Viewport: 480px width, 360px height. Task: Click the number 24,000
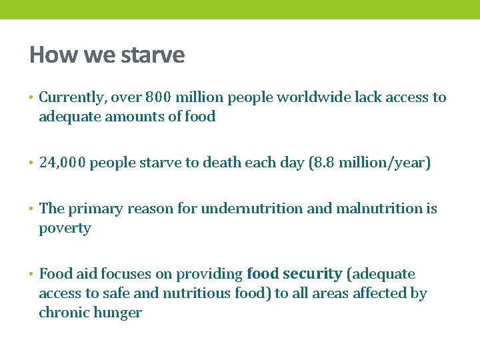[x=62, y=163]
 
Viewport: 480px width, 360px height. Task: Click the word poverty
[x=65, y=228]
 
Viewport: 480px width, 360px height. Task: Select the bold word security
[x=312, y=274]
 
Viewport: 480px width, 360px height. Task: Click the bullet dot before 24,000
[x=32, y=163]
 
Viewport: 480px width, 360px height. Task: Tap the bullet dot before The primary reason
[x=32, y=209]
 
